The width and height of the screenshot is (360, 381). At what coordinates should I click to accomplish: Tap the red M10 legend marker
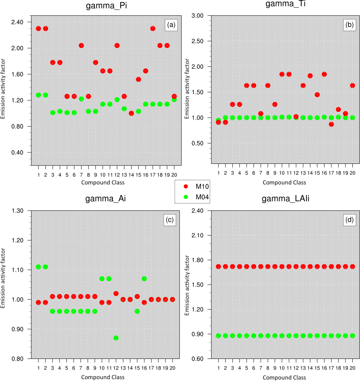coord(186,186)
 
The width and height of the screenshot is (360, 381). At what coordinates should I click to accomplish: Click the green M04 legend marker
coord(186,197)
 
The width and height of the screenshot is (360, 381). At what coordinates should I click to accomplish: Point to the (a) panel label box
coord(171,26)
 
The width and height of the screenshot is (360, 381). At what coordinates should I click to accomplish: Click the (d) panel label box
coord(350,220)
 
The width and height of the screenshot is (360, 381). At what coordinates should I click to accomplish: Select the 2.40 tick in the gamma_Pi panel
coord(18,22)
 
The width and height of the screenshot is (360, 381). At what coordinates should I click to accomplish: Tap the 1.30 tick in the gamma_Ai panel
coord(18,211)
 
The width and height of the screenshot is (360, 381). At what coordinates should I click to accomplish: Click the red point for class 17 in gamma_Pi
coord(153,29)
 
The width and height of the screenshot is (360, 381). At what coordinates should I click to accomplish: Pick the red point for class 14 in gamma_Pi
coord(132,113)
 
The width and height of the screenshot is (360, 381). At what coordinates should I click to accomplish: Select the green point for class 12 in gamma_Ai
coord(116,338)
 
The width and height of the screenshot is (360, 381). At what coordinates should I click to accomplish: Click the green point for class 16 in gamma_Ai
coord(144,279)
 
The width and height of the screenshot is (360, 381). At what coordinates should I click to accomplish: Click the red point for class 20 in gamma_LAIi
coord(352,267)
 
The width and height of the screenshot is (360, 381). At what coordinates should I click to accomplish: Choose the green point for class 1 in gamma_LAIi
coord(219,336)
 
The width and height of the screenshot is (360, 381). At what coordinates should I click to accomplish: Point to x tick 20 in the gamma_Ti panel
coord(352,173)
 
